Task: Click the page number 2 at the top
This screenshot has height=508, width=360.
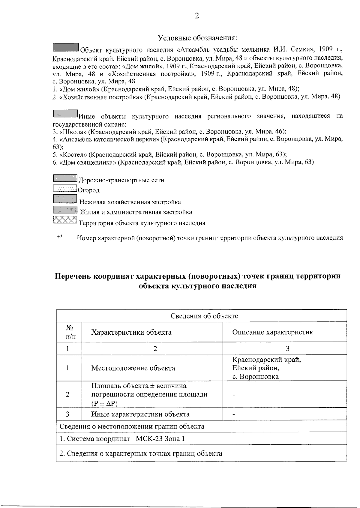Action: click(197, 16)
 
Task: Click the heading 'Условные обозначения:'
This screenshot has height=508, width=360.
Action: click(197, 38)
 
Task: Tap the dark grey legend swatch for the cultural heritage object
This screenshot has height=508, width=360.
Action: click(66, 47)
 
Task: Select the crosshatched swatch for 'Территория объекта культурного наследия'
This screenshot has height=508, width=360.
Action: click(65, 220)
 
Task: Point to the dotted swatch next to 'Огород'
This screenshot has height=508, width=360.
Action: click(65, 188)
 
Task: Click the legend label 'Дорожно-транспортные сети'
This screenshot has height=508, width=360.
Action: click(121, 180)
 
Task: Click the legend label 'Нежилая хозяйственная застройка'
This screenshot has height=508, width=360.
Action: click(130, 202)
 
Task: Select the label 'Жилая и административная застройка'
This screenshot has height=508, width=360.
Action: click(138, 212)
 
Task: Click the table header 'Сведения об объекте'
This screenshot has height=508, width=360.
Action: click(204, 316)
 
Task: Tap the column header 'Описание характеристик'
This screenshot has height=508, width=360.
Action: click(272, 332)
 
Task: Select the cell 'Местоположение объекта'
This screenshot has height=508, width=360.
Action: click(133, 368)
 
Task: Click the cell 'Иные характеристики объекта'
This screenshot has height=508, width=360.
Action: click(140, 414)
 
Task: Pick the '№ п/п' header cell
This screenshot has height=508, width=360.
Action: click(69, 332)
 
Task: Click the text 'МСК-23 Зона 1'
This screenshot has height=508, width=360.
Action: click(160, 439)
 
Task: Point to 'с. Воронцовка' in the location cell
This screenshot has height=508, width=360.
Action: click(255, 377)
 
